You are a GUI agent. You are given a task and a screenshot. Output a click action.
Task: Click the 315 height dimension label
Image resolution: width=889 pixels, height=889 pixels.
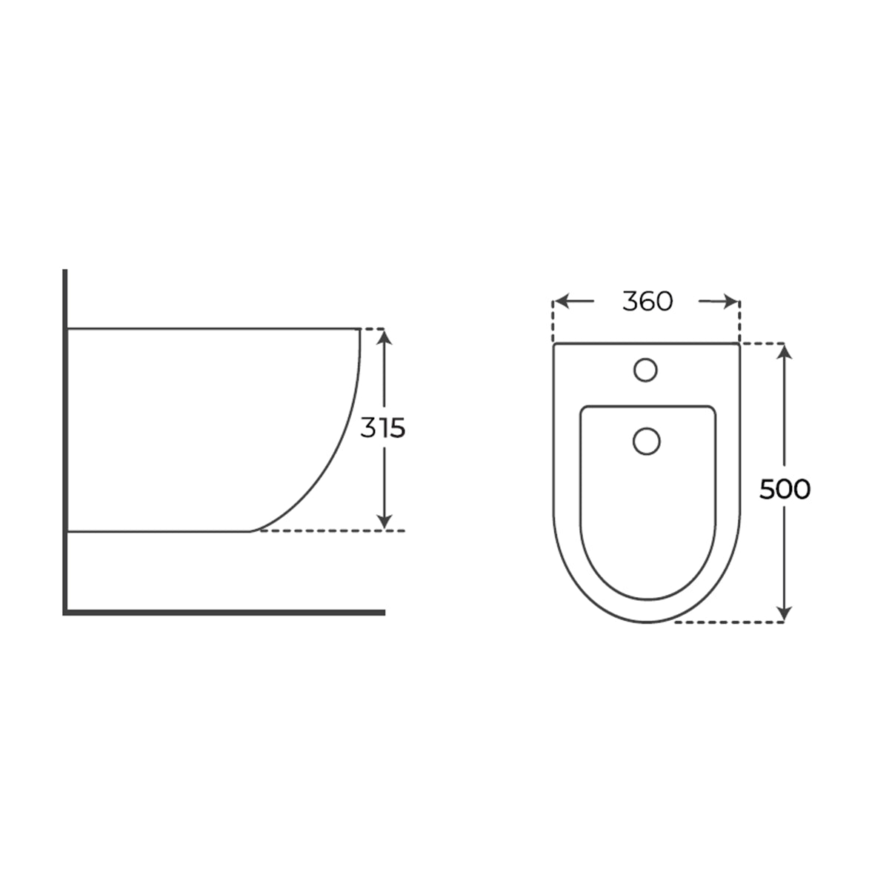coord(382,427)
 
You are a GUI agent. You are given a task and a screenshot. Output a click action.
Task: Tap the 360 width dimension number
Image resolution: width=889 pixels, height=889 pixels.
coord(647,302)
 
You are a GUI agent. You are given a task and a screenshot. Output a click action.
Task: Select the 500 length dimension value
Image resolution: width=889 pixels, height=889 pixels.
coord(785,489)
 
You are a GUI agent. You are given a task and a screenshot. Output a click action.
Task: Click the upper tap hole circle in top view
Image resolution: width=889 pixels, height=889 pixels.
coord(645,370)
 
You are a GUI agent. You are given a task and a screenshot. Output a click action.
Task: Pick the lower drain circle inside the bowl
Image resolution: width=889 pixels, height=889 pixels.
coord(646,441)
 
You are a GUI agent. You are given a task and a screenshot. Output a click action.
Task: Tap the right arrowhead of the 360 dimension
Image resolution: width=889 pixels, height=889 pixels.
coord(732,302)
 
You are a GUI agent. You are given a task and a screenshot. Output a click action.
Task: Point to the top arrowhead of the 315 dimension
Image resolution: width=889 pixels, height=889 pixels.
coord(384,337)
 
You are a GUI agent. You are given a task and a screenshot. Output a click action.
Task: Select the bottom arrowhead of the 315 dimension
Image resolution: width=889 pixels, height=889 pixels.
coord(384,522)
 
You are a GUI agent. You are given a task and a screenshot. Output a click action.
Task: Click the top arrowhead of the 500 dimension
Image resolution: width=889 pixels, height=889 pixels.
coord(785,352)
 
